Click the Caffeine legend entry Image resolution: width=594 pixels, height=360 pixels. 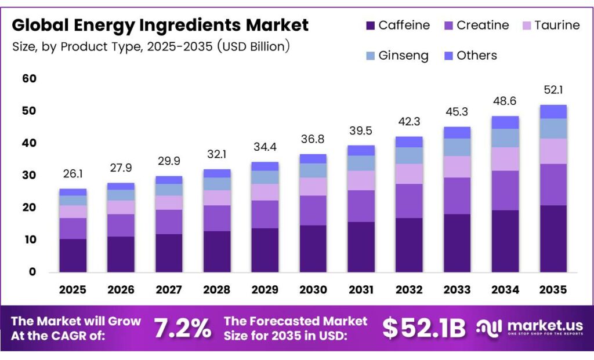point(398,26)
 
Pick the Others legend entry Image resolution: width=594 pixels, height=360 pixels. point(469,56)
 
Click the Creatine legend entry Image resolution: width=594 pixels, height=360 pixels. point(476,26)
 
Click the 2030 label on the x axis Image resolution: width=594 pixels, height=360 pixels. point(313,289)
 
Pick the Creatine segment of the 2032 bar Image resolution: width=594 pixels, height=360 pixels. point(408,201)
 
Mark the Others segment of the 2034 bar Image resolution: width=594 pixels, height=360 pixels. point(505,122)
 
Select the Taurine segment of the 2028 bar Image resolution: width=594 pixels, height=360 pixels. point(217,198)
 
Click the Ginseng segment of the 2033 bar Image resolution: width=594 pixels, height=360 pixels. point(457,147)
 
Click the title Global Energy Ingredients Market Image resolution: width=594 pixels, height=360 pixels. point(160,26)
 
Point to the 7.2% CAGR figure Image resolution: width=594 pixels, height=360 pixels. point(182,329)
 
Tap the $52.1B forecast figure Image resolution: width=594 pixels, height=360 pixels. point(423,329)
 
